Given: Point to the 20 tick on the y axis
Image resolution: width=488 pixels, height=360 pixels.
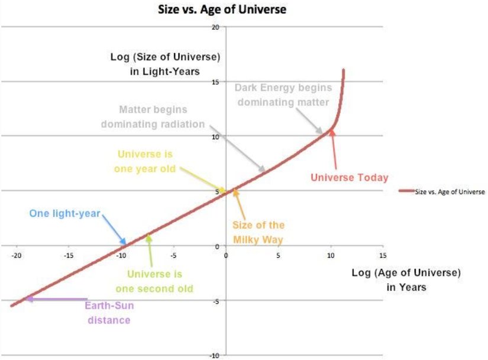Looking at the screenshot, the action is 216,27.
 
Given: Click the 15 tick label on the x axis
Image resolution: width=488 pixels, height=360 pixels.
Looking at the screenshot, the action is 383,256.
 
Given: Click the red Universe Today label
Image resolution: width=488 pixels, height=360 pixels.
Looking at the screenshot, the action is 350,177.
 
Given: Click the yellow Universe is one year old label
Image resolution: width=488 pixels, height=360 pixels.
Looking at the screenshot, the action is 145,161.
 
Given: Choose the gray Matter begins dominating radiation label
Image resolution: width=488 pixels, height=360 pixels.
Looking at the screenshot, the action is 153,117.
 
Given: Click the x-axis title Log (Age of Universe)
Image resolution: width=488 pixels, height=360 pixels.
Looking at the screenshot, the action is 406,273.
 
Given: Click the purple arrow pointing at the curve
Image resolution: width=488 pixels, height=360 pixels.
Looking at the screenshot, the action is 56,299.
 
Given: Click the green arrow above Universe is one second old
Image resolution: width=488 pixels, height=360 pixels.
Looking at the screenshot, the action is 150,252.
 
